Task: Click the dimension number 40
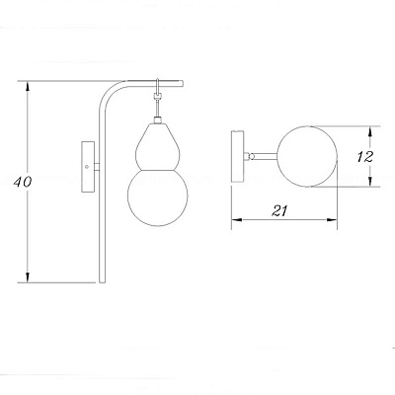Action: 23,182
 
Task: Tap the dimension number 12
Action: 365,157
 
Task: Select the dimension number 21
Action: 279,210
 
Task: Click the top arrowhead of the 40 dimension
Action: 28,87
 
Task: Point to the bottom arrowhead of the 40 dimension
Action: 28,276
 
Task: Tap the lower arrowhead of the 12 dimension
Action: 370,182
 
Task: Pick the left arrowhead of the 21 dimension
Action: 237,220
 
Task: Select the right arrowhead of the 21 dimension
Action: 332,220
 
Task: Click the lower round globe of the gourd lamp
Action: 158,197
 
